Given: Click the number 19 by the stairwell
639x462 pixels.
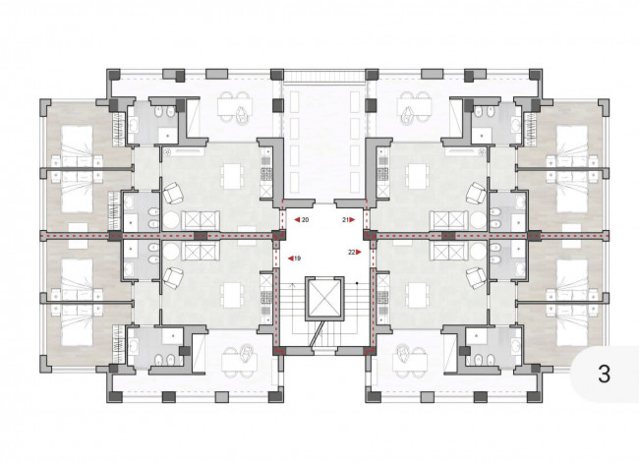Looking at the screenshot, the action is click(298, 259).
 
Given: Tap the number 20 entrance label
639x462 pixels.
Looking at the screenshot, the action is click(305, 219).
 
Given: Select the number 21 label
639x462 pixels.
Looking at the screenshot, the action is click(346, 219).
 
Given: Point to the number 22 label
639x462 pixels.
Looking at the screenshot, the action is click(352, 252).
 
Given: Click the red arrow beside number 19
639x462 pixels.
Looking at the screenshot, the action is click(291, 259).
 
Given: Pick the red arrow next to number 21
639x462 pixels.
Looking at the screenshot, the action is click(352, 219).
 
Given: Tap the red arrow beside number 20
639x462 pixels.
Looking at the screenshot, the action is click(298, 219).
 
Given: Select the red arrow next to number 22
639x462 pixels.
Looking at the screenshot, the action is click(358, 252).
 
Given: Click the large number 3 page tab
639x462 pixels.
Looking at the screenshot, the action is click(604, 374).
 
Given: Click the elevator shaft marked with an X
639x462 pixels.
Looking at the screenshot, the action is click(324, 298).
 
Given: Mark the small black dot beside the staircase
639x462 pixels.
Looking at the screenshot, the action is click(357, 283).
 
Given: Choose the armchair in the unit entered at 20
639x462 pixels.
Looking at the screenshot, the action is click(173, 193).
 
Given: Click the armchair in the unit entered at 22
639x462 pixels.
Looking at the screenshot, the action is click(477, 278).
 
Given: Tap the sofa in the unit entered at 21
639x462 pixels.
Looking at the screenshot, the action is click(448, 220).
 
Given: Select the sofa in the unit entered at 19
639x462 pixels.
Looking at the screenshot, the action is click(201, 251).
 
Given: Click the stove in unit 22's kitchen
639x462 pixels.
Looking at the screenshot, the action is click(382, 299).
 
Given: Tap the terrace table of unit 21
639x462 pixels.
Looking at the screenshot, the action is click(414, 107).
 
